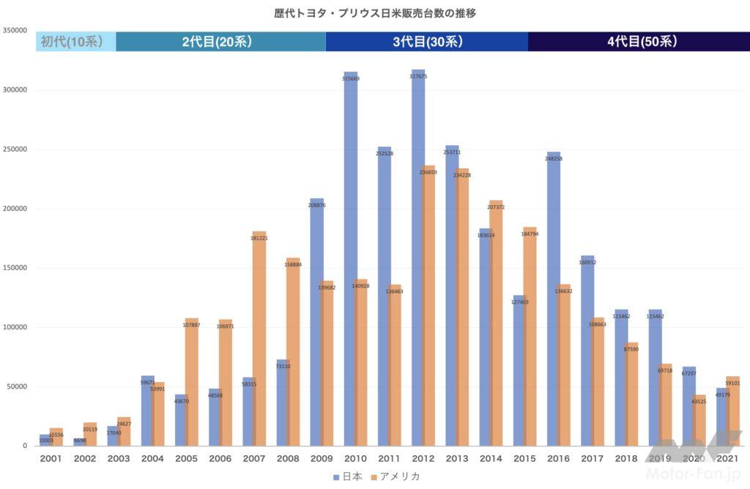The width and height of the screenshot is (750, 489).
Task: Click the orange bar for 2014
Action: (496, 323)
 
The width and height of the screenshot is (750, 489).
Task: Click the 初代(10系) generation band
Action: (75, 42)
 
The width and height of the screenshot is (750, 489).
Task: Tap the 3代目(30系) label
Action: (428, 42)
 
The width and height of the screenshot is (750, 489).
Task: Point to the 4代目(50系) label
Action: (642, 42)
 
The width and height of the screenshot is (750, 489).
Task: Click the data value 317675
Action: (418, 76)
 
